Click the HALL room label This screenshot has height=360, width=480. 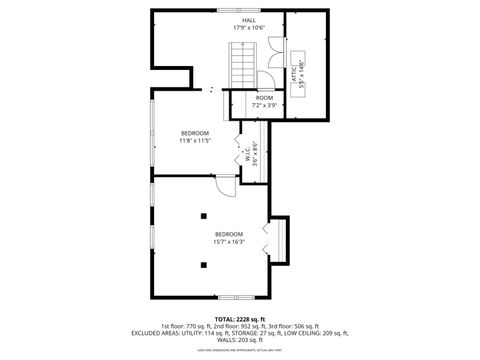248,21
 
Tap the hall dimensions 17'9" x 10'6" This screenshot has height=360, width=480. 248,29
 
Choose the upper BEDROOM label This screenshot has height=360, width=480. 195,133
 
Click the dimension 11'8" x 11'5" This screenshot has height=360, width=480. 195,141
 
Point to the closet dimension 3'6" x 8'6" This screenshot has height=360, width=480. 254,157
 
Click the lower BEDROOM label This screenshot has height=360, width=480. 229,234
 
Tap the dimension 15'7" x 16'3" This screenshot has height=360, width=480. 229,242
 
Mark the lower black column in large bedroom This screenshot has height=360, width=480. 204,265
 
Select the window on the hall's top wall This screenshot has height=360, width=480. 231,10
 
